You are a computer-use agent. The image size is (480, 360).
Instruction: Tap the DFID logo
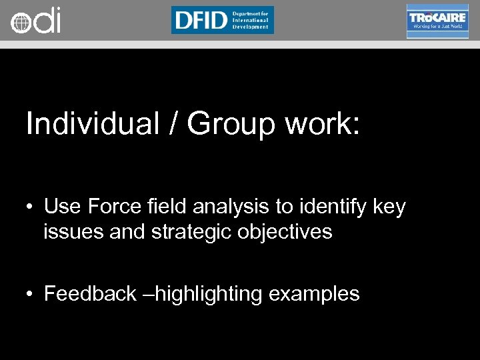(222, 20)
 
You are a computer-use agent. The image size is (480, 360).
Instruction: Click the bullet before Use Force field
(31, 208)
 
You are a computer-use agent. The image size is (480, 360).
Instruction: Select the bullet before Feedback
(31, 294)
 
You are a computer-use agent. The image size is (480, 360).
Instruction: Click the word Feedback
(90, 294)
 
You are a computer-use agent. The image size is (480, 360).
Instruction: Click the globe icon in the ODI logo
(20, 23)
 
